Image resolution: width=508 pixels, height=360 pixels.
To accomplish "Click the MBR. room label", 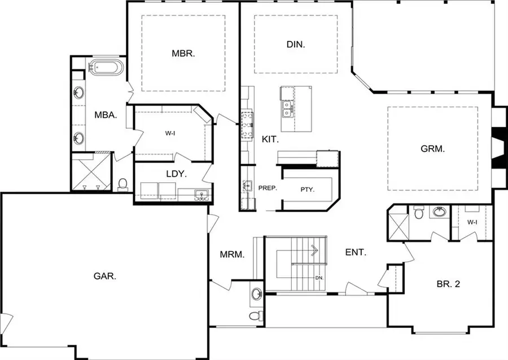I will tap(183, 54).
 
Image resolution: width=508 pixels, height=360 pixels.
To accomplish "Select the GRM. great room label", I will tap(433, 150).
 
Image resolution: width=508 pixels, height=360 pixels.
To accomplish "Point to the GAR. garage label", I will tap(105, 276).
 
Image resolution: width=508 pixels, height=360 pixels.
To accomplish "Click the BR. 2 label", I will tap(449, 284).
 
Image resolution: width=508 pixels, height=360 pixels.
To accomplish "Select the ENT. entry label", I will tap(356, 252).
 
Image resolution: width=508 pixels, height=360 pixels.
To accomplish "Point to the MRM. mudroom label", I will tap(232, 254).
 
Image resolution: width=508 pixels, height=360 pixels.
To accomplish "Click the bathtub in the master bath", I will tap(106, 68).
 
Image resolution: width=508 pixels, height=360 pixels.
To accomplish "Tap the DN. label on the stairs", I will tap(319, 278).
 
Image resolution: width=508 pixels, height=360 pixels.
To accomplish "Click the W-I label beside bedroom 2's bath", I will tap(472, 222).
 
